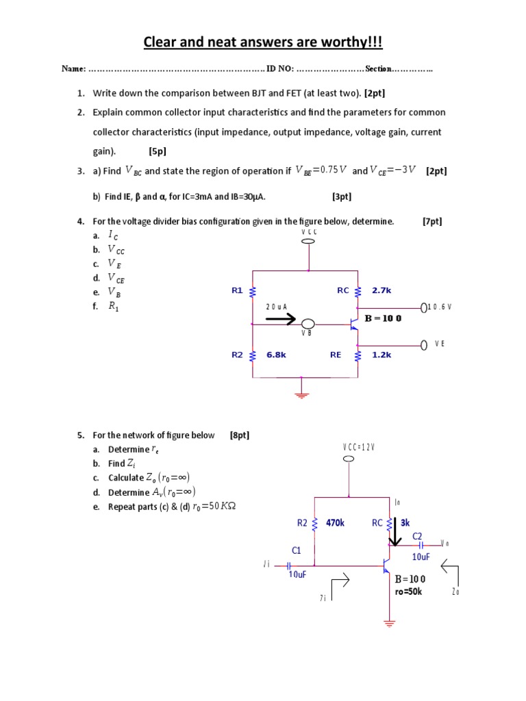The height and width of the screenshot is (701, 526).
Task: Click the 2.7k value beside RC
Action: (381, 290)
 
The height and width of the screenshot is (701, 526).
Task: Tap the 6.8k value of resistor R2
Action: (276, 355)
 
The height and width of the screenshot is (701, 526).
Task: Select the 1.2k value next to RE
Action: (381, 355)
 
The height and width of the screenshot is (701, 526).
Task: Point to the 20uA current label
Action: (277, 307)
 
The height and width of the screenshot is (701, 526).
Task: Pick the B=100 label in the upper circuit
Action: (383, 318)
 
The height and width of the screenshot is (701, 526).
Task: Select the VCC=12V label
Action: (359, 447)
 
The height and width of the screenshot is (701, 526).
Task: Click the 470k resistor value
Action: (335, 523)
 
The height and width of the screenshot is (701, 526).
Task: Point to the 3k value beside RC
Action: (405, 523)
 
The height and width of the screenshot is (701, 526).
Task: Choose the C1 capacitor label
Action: (297, 550)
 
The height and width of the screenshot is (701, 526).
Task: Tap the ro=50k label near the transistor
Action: (409, 591)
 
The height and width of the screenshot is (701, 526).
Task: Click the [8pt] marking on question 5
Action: (240, 435)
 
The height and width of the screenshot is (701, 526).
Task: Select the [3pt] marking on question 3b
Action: (342, 196)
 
